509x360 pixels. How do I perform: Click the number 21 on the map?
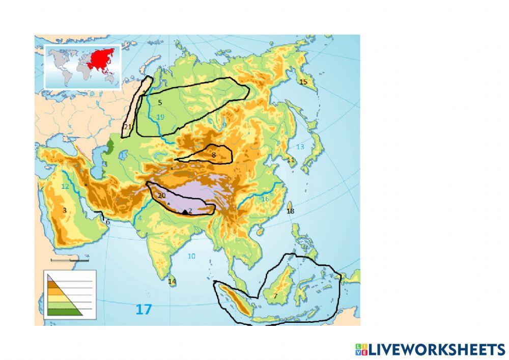pos(128,127)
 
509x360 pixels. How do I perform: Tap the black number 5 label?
pos(160,103)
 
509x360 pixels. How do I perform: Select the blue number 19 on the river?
pos(160,117)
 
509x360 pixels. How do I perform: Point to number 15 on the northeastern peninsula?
pos(303,81)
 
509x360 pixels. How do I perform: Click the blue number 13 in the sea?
pos(300,147)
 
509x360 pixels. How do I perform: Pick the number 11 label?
pos(291,160)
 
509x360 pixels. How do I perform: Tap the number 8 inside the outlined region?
pos(214,155)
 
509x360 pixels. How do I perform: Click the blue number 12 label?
pos(65,186)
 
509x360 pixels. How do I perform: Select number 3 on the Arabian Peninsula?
pos(65,210)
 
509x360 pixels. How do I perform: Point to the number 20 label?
pos(162,196)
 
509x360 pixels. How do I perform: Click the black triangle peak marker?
pos(185,211)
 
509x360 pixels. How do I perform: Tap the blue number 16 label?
pos(265,199)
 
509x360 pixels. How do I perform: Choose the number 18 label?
pos(291,211)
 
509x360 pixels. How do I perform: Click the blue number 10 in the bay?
pos(191,256)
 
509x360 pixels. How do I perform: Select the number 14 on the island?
pos(172,282)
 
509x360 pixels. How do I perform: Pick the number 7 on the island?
pos(275,296)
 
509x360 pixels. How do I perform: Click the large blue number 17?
pos(144,309)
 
